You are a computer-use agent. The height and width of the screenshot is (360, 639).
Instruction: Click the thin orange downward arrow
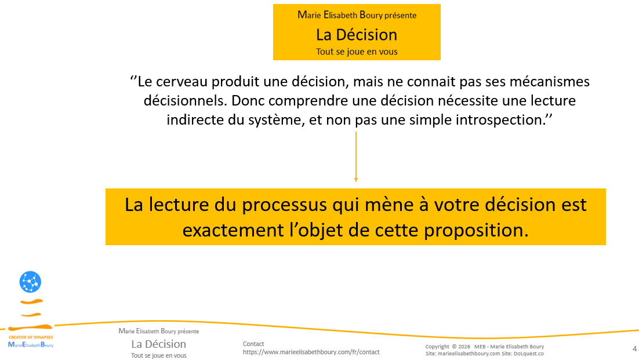click(x=355, y=157)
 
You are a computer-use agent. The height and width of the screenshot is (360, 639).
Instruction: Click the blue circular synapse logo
click(x=30, y=282)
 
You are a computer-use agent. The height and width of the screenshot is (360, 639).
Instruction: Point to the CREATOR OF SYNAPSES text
click(x=30, y=337)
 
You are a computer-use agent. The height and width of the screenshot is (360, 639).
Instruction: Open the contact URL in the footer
click(x=311, y=352)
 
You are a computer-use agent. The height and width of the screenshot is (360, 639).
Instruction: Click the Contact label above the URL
click(x=253, y=344)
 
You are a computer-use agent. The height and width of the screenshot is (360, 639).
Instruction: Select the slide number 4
click(x=634, y=348)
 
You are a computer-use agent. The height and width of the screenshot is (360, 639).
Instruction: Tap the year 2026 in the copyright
click(x=464, y=347)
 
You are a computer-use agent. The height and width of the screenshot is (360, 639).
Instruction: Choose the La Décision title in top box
click(x=357, y=35)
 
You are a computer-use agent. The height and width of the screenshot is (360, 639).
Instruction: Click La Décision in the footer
click(x=158, y=344)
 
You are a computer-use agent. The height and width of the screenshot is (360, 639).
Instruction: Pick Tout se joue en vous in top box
click(x=357, y=52)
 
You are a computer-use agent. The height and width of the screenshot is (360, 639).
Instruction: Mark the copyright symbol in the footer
click(x=454, y=347)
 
